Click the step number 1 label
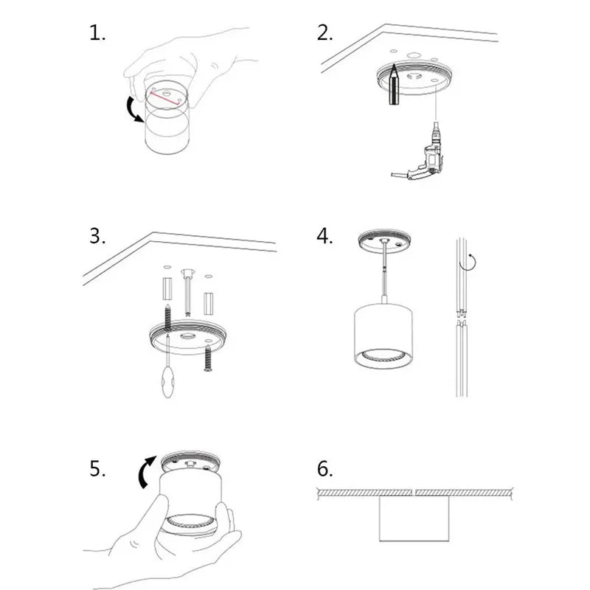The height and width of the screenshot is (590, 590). coord(97,32)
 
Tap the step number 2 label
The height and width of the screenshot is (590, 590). coord(324,32)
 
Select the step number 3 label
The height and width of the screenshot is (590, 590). coord(97,236)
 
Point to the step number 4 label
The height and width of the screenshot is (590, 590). coord(324,236)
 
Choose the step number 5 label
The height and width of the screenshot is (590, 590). coord(97,469)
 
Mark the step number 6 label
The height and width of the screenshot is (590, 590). coord(324,469)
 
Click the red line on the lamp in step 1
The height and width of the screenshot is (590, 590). coord(164,98)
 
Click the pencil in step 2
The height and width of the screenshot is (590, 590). coord(394,84)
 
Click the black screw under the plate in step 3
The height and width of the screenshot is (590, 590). coord(208,358)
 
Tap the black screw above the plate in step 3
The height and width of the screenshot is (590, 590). coord(168,316)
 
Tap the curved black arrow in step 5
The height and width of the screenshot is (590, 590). coord(146,472)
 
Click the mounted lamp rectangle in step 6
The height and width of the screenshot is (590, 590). coord(414,518)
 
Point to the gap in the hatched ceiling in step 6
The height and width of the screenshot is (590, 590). coord(414,492)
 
